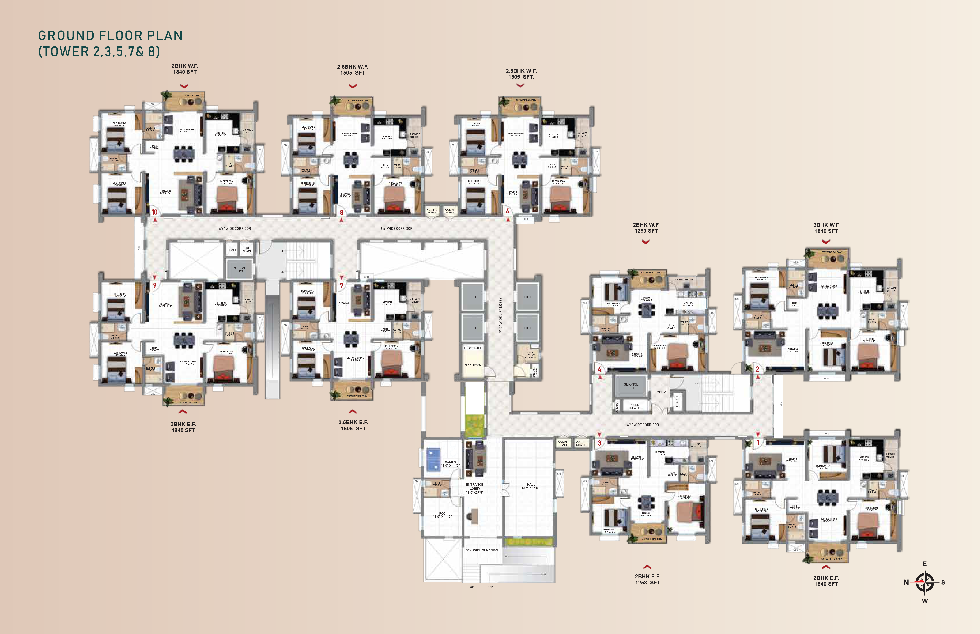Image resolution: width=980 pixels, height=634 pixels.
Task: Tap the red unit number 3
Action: tap(600, 443)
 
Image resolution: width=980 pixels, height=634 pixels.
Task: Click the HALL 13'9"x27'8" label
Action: tap(531, 486)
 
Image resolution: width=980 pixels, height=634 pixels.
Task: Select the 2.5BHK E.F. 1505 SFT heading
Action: tap(353, 425)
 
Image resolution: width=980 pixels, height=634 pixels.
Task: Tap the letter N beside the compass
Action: tap(906, 583)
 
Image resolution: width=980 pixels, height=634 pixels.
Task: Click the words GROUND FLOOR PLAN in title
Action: tap(110, 36)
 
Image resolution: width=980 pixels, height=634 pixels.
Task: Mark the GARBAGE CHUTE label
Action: tap(535, 372)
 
